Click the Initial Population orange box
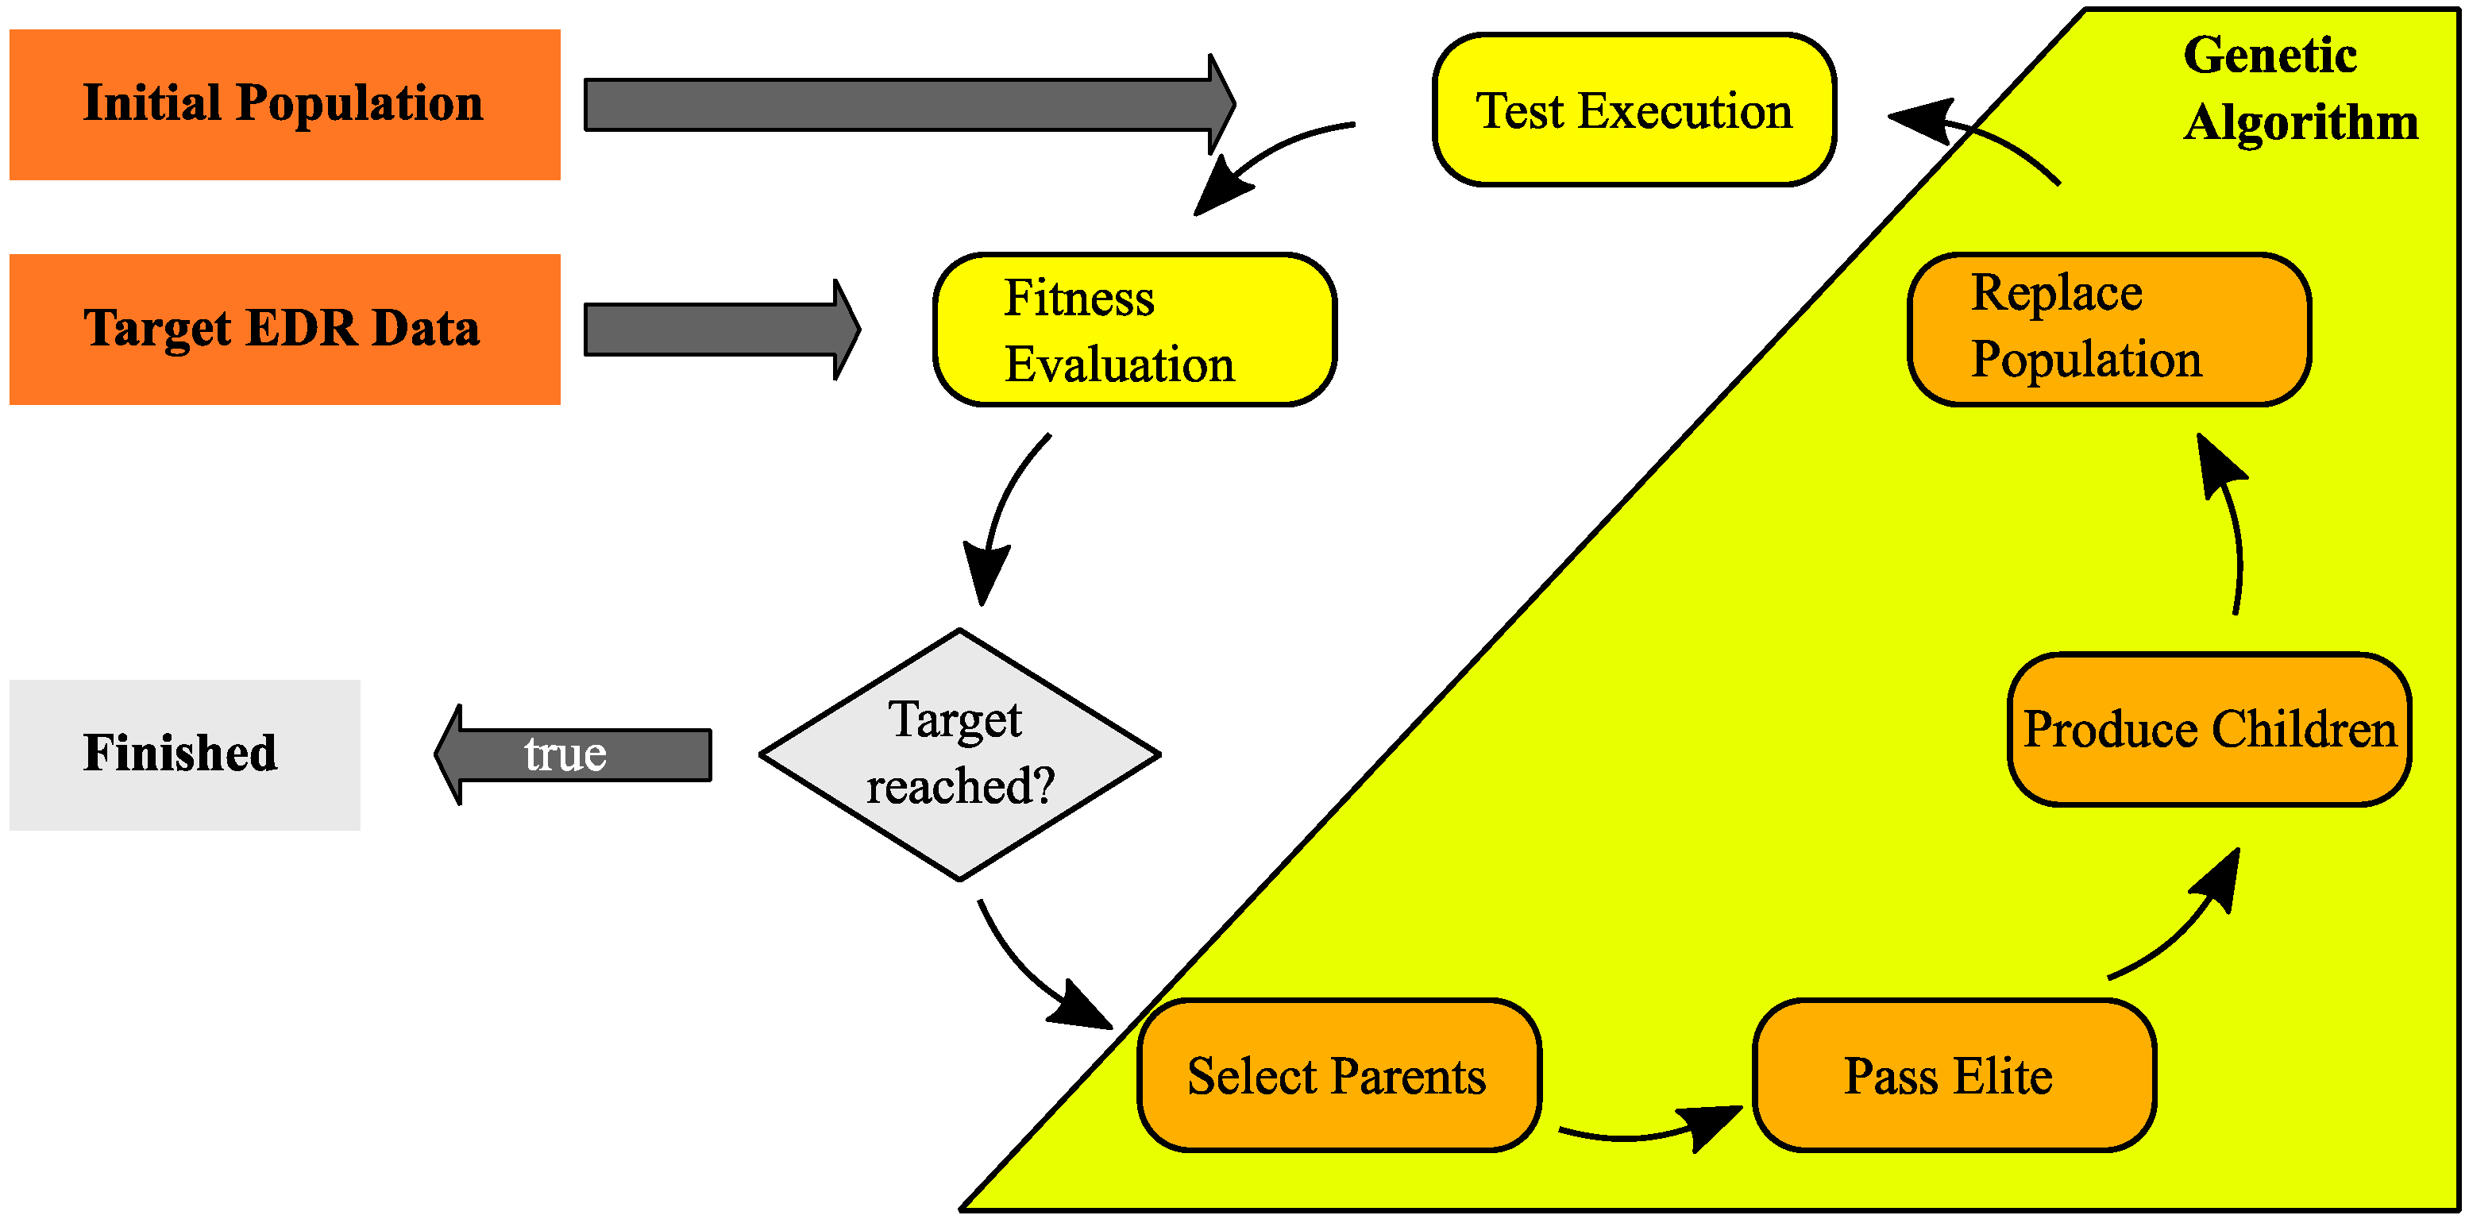284,105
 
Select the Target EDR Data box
284,329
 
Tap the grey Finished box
184,754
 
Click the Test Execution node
1634,110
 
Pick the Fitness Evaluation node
1134,330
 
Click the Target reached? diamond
959,754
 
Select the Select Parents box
1338,1074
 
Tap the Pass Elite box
1954,1074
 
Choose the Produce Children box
2209,729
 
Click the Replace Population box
2108,329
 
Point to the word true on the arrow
565,754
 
